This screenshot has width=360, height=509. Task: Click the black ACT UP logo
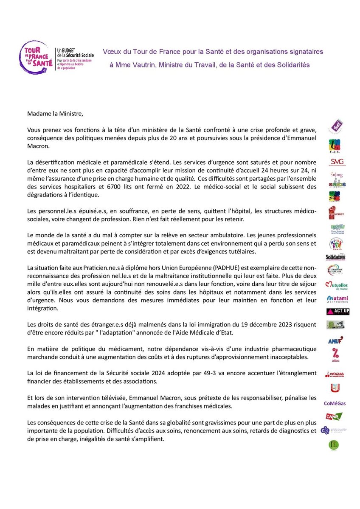click(x=338, y=312)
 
